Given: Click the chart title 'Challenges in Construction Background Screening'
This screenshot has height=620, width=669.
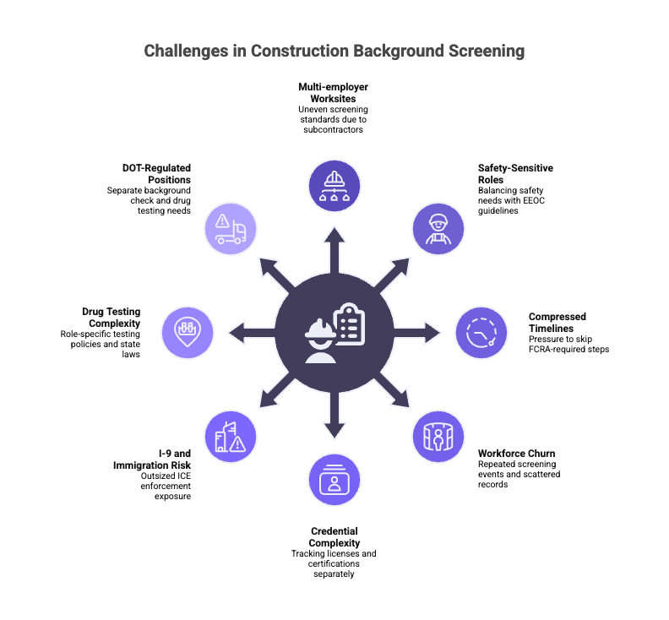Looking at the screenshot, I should tap(334, 52).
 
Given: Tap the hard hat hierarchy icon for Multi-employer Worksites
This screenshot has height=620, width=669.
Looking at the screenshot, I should tap(334, 185).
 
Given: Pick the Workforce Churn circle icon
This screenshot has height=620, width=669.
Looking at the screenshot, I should tap(438, 435).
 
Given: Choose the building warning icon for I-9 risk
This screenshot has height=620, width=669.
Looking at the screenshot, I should tap(231, 435).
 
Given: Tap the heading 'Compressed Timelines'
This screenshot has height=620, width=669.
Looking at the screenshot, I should tap(557, 323).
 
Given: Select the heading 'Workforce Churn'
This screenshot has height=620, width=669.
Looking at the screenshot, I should tap(516, 454).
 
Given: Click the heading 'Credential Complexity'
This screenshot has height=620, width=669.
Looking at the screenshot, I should tap(334, 536).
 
